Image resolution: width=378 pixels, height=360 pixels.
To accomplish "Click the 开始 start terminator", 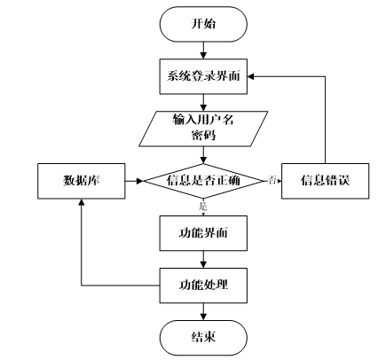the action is (203, 24).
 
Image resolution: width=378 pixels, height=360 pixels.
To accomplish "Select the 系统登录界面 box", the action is (203, 76).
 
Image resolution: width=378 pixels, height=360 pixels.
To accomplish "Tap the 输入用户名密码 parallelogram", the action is (203, 129).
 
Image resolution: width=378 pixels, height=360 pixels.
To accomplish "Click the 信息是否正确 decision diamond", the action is (203, 181).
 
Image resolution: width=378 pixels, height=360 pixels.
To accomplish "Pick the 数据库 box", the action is (82, 181).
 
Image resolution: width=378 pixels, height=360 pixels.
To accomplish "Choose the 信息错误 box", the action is (326, 181).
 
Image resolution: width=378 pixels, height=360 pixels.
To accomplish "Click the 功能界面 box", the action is (203, 233).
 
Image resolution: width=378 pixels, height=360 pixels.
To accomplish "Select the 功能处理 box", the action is (203, 286).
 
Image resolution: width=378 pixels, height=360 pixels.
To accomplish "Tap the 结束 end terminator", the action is (203, 338).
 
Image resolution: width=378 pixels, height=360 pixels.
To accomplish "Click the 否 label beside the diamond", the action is (272, 180).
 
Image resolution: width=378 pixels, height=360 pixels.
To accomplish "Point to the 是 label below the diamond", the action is (203, 207).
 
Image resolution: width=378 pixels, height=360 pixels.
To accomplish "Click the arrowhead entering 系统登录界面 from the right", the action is (251, 76).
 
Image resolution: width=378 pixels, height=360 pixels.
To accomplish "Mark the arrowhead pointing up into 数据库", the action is (82, 202).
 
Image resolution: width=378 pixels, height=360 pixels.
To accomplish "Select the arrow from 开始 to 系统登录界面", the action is (203, 51).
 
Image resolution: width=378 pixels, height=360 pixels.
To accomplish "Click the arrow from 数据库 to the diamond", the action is (134, 181).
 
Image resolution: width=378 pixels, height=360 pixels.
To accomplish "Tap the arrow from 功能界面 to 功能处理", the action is (203, 260).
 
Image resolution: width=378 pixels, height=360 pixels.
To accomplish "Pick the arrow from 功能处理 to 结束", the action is (203, 312).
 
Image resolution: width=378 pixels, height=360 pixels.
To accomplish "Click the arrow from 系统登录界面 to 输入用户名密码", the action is (203, 103).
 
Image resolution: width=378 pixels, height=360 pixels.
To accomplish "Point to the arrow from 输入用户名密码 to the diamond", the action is (203, 155).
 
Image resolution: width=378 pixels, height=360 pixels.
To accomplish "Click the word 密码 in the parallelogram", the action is (203, 136).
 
